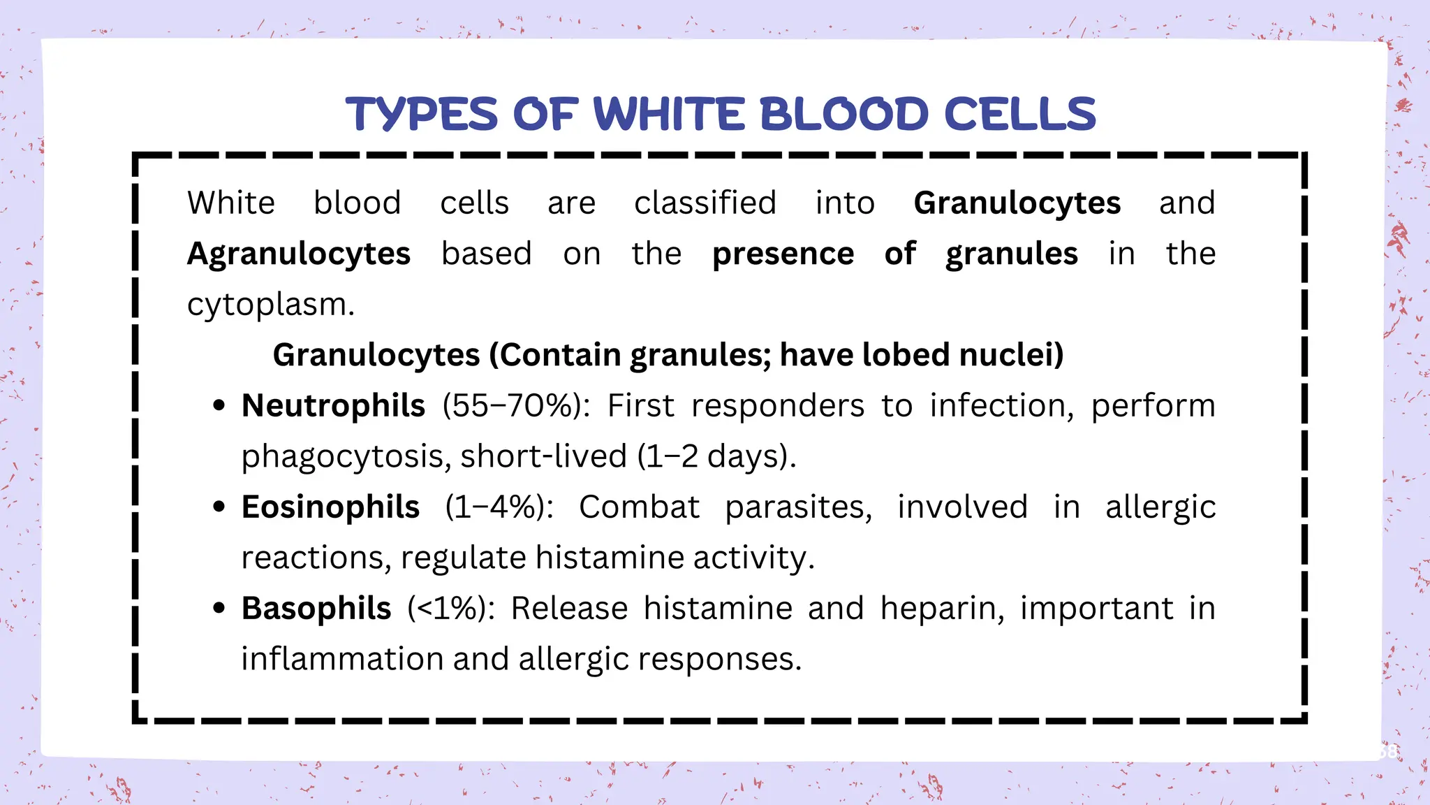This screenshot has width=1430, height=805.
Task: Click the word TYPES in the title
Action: point(422,115)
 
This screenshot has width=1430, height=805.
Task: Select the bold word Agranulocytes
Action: point(299,254)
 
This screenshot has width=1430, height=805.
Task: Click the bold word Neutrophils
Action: point(333,406)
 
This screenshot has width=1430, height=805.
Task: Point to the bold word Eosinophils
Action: point(330,507)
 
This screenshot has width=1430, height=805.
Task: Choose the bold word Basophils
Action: point(316,609)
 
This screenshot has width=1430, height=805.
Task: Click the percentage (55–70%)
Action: point(516,406)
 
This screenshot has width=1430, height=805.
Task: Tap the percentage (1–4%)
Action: point(499,507)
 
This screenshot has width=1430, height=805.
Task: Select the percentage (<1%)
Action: point(452,609)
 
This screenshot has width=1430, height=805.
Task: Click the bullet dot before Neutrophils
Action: point(219,406)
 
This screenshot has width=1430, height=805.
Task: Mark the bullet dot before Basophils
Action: point(219,609)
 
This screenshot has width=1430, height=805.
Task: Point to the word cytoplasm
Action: point(270,305)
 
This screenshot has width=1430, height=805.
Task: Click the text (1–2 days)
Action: point(716,457)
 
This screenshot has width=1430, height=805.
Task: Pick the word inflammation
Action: point(342,660)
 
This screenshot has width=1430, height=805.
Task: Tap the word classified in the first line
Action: point(705,203)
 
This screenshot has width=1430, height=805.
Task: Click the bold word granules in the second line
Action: point(1012,254)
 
